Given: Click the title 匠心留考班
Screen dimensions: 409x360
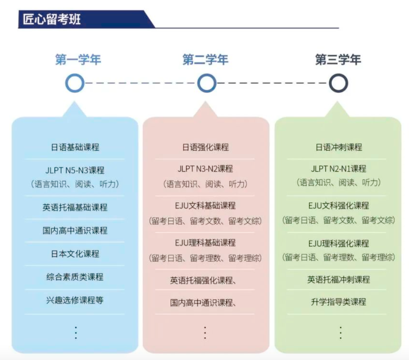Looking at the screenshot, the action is coord(52,19).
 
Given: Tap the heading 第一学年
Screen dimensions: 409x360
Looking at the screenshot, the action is coord(78,59).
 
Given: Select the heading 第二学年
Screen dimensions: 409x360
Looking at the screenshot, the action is coord(205,59).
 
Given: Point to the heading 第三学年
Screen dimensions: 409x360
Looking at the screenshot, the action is coord(338,59).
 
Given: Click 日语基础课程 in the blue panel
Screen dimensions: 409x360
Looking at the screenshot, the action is coord(75,147).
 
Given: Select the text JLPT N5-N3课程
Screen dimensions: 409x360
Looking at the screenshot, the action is coord(75,170).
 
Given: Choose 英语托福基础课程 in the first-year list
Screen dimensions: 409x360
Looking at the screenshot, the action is coord(75,207).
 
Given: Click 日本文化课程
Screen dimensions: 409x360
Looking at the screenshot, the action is coord(75,254).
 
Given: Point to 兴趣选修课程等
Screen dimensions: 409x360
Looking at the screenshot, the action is coord(75,300).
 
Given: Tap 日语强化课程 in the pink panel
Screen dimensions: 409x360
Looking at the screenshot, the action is coord(206,147).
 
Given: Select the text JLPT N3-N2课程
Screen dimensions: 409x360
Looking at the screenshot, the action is coord(205,169).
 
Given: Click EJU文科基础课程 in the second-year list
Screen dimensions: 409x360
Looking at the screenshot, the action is coord(205,206).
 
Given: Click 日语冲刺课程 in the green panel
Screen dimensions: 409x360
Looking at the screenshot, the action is coord(339,147).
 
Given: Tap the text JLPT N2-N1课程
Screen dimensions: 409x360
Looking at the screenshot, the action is coord(339,169).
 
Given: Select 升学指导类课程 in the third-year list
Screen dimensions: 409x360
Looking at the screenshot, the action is coord(339,302).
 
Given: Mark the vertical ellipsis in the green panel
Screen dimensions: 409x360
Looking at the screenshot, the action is coord(341,332).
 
